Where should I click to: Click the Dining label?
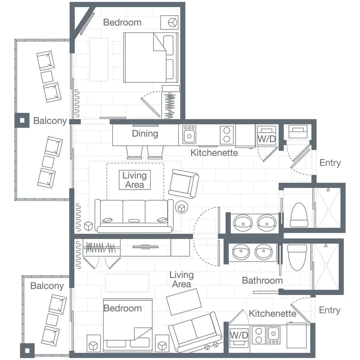pos(145,133)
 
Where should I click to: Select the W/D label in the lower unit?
pos(239,335)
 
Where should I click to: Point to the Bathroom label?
pos(262,280)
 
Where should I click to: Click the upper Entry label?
pos(330,163)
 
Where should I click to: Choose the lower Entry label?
pos(330,310)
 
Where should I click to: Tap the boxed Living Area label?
pos(134,180)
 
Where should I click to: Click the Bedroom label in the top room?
pos(122,22)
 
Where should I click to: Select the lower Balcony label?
pos(47,286)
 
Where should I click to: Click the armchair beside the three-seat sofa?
pos(183,183)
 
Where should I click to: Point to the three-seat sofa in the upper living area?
pos(134,216)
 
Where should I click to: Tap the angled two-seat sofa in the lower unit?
pos(195,331)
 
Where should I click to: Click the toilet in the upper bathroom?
pos(299,215)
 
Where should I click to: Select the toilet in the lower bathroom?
pos(297,257)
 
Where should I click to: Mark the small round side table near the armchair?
pos(182,207)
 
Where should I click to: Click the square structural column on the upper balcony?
pos(22,120)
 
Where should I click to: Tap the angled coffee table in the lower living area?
pos(184,302)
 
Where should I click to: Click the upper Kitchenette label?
pos(214,153)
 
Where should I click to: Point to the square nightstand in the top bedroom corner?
pos(169,22)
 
